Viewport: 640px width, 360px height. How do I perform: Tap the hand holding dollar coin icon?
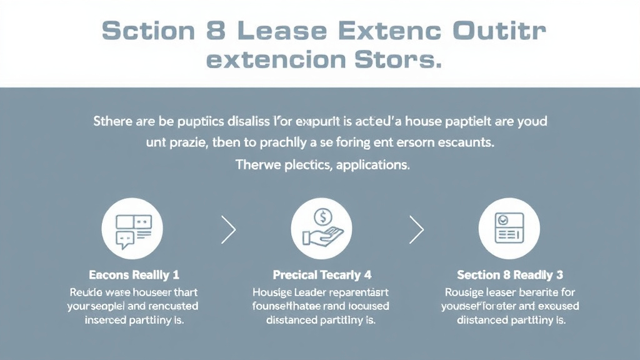[x=322, y=229]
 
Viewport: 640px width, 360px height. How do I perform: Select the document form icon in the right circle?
[x=509, y=229]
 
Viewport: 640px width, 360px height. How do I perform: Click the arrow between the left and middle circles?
[x=229, y=230]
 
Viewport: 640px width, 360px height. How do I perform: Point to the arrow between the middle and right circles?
[x=416, y=230]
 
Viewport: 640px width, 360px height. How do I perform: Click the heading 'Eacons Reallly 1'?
[x=134, y=275]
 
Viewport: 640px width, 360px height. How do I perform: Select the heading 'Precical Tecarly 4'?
[x=321, y=275]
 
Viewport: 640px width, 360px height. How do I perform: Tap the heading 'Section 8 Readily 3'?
[x=509, y=275]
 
